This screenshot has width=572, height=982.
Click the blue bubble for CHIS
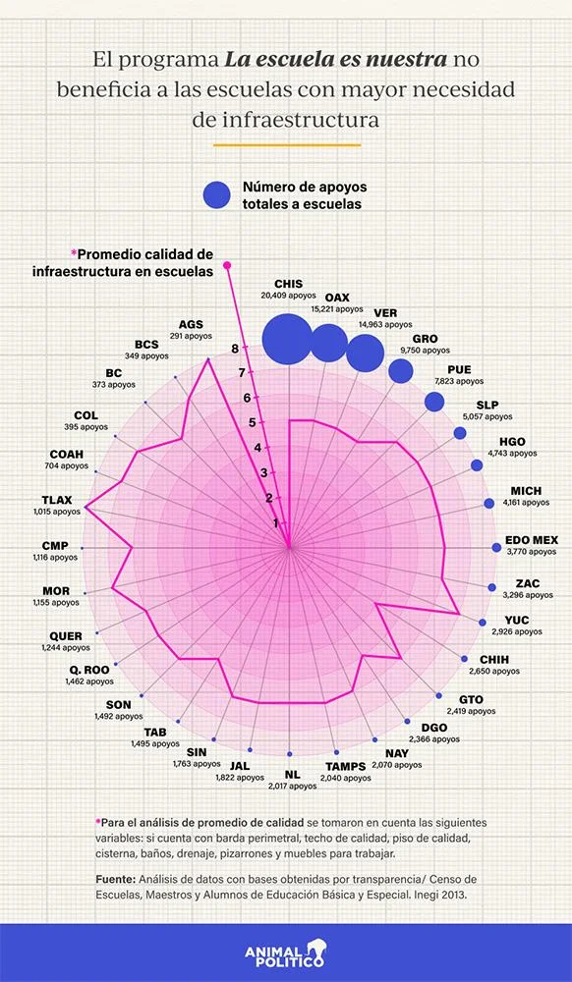287,340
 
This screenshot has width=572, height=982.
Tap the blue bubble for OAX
329,343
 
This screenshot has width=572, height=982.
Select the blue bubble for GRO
401,371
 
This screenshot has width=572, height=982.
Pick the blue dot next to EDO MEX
496,547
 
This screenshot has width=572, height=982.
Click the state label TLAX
57,501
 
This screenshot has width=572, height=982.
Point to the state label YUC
517,620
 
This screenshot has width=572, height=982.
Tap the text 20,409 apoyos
289,295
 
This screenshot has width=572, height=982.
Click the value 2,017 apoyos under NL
293,786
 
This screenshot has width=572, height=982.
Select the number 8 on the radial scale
234,349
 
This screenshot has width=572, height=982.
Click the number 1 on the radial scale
275,523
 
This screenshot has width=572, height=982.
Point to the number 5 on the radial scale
253,422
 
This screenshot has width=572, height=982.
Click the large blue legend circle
217,194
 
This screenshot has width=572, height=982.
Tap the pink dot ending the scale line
227,265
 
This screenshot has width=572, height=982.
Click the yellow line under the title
287,144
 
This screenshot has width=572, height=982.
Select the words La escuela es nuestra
337,60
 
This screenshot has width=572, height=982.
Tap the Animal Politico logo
286,953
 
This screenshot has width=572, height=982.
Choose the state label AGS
191,324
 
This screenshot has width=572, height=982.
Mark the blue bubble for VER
366,354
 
